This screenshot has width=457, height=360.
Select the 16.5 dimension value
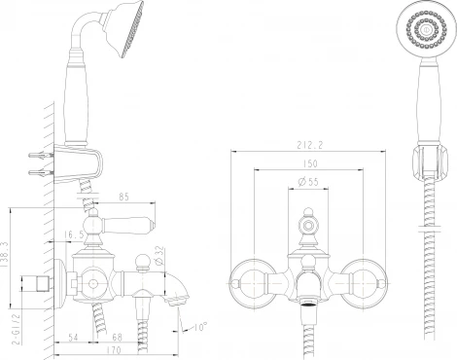click(x=74, y=234)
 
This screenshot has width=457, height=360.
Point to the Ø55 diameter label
click(x=307, y=182)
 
